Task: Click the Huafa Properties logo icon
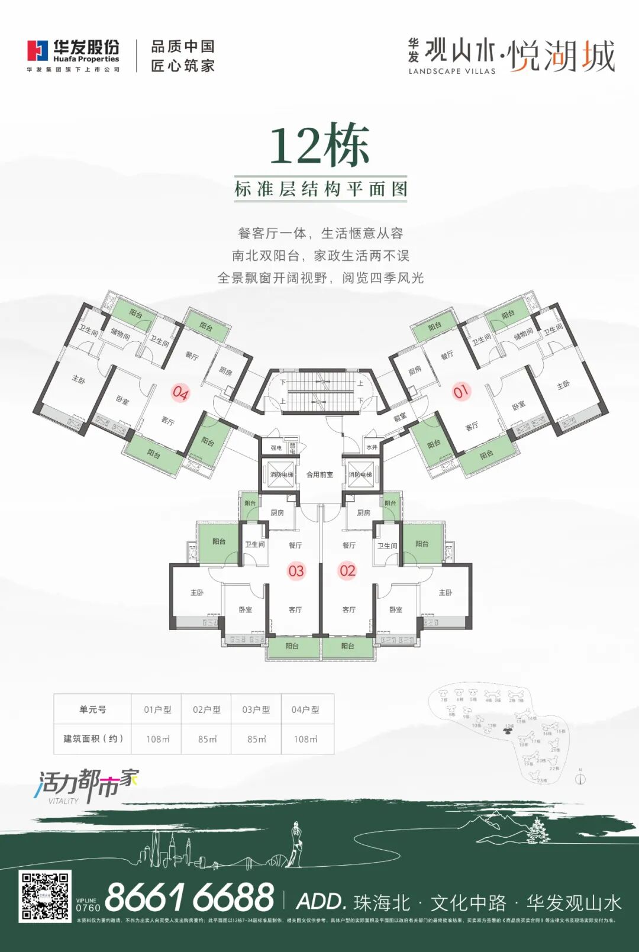pos(37,51)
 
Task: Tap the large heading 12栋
pos(319,145)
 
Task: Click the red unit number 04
pos(180,392)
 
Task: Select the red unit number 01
pos(461,391)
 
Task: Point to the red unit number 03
pos(296,571)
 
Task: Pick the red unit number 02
pos(347,571)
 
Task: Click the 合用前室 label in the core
pos(319,475)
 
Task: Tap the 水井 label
pos(372,447)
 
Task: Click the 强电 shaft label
pos(276,448)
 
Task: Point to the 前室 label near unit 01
pos(401,417)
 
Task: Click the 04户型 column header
pos(305,709)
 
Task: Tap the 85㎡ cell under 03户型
pos(256,739)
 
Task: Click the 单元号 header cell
pos(93,709)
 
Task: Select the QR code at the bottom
pos(45,896)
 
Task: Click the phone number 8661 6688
pos(189,898)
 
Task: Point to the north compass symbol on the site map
pos(580,778)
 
